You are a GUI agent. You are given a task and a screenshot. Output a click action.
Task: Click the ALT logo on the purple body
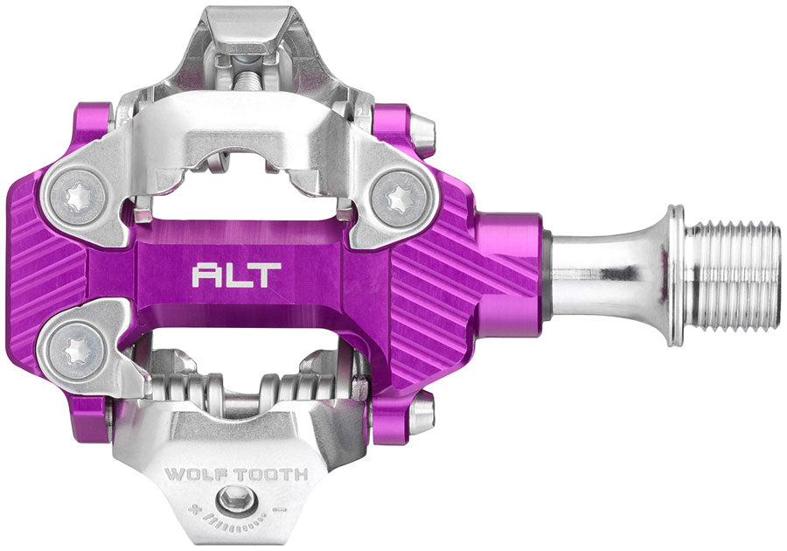tap(236, 275)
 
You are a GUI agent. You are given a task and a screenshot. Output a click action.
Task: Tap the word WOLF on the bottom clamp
tap(194, 475)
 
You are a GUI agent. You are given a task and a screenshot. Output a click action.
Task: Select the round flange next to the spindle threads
tap(674, 275)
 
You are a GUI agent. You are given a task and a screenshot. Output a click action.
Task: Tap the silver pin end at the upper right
tap(422, 131)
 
